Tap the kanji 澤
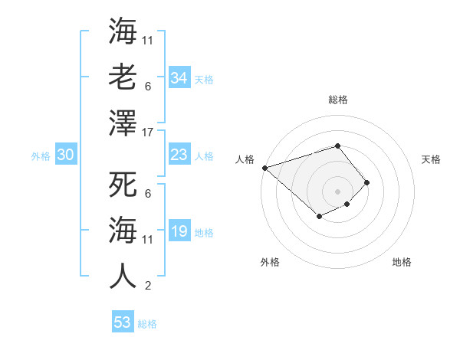(123, 122)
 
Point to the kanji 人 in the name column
(123, 274)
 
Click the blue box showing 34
(179, 78)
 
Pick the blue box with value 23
(179, 155)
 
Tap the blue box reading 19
(179, 231)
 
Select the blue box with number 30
(65, 155)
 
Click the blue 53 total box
(123, 322)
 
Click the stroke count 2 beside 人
(147, 286)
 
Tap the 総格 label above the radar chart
(337, 100)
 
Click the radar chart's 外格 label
(270, 262)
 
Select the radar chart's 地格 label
(402, 262)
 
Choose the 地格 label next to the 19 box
(204, 233)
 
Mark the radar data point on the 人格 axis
(264, 168)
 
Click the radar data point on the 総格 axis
(337, 146)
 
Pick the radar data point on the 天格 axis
(367, 182)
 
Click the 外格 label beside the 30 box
(41, 156)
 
